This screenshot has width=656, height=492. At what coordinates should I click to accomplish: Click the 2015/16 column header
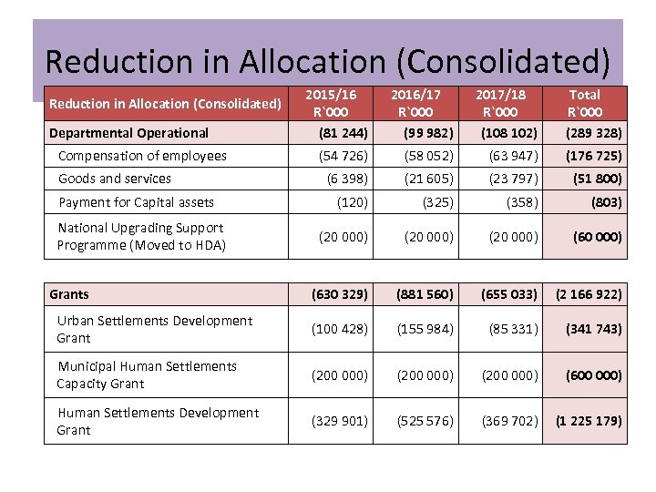click(x=331, y=103)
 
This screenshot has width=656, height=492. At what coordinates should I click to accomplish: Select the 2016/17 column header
click(x=416, y=103)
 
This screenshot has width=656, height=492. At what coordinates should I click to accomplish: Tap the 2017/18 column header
click(x=500, y=103)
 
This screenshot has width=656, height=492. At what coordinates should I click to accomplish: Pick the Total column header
click(x=584, y=103)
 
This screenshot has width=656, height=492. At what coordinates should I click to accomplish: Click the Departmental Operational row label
click(x=128, y=133)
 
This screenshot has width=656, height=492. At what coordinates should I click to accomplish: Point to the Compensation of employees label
click(x=142, y=156)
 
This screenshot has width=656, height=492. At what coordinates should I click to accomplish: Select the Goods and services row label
click(x=115, y=179)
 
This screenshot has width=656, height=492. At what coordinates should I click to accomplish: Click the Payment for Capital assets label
click(x=136, y=202)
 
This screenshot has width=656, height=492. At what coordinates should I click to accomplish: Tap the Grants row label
click(x=69, y=294)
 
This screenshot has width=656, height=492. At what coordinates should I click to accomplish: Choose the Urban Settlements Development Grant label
click(x=154, y=329)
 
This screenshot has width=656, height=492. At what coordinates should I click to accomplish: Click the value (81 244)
click(x=343, y=133)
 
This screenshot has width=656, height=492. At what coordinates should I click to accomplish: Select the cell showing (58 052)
click(x=429, y=156)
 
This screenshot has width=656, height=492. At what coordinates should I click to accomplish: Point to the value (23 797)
click(x=513, y=179)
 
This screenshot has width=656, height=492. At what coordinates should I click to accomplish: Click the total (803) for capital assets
click(x=607, y=202)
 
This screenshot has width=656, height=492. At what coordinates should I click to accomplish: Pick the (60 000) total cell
click(x=598, y=237)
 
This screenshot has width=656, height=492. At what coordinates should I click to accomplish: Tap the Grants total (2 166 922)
click(x=588, y=294)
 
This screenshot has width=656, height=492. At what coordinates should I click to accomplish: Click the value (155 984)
click(x=425, y=329)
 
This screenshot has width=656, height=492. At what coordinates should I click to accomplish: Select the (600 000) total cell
click(x=594, y=374)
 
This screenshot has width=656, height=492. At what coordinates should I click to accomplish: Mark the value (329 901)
click(x=340, y=421)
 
